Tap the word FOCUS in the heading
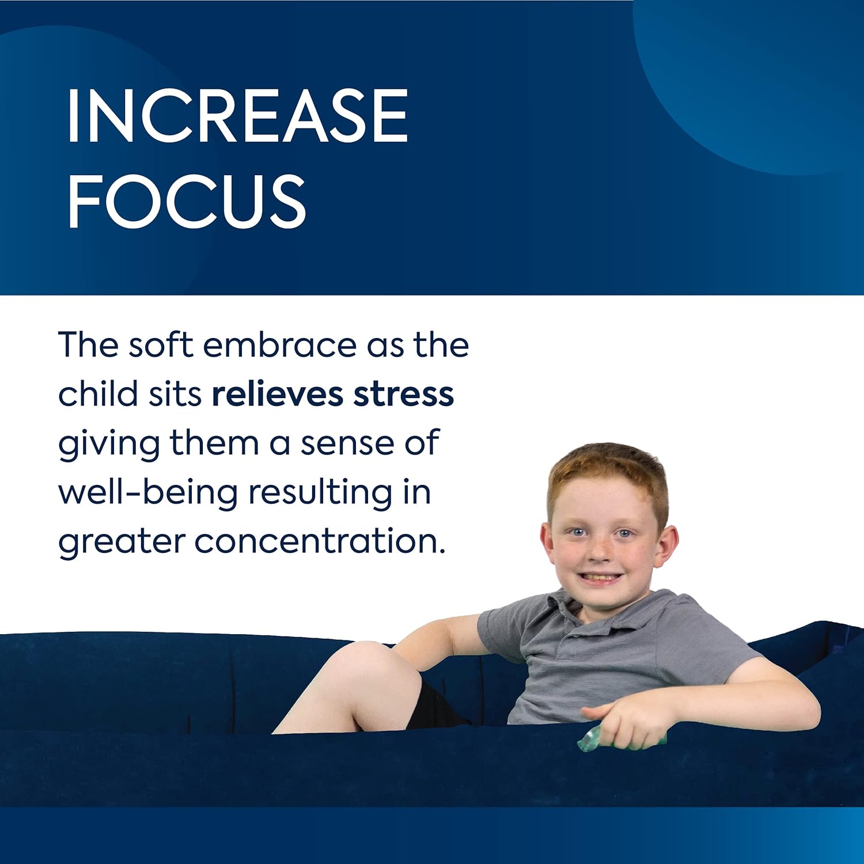pyautogui.click(x=187, y=202)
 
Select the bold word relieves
pyautogui.click(x=278, y=395)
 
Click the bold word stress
pyautogui.click(x=404, y=396)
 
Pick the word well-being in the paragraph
pyautogui.click(x=148, y=493)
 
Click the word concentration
pyautogui.click(x=320, y=542)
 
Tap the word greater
pyautogui.click(x=121, y=544)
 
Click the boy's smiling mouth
pyautogui.click(x=599, y=577)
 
